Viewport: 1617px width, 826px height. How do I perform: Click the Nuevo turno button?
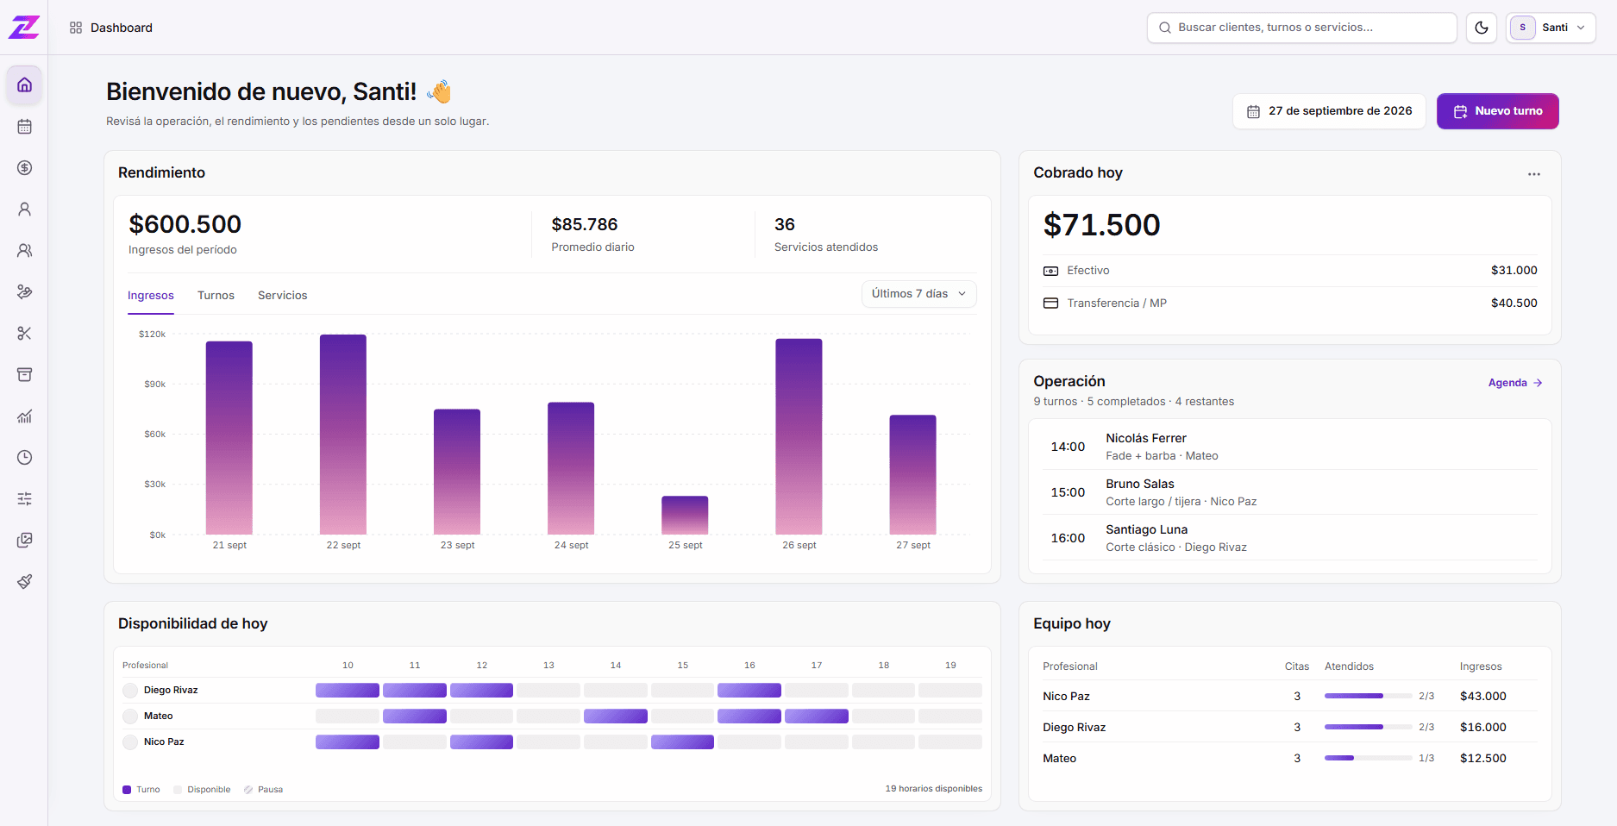click(1497, 111)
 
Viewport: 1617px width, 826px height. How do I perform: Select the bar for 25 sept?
click(685, 516)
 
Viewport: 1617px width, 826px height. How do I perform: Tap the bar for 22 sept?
click(343, 435)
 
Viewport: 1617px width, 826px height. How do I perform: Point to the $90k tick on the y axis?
click(154, 384)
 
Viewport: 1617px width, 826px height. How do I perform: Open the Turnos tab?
click(216, 295)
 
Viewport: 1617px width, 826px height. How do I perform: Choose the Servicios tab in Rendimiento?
click(282, 295)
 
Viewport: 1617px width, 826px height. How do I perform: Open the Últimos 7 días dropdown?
click(919, 294)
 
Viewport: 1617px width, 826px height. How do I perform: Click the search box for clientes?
click(1302, 28)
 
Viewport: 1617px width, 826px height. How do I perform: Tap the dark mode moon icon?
click(1482, 28)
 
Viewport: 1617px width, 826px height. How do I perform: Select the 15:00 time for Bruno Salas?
click(1068, 492)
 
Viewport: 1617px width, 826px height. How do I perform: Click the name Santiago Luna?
click(1147, 529)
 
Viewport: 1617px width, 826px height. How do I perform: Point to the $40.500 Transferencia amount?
click(1514, 303)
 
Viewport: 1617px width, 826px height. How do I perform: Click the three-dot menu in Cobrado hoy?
click(1534, 174)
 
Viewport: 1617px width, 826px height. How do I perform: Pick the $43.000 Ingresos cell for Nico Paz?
click(1483, 696)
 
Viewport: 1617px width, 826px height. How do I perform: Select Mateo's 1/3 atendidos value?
click(1426, 758)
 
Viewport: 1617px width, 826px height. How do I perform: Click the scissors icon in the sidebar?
click(24, 334)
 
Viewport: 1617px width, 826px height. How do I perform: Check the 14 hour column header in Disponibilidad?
click(616, 666)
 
